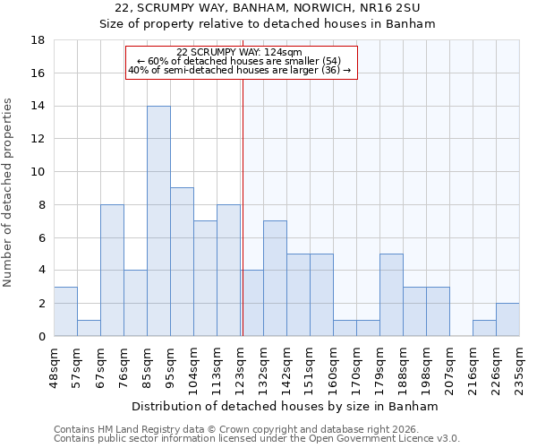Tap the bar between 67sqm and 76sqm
(x=112, y=270)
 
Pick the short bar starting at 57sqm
(x=89, y=328)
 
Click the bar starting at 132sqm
(x=275, y=278)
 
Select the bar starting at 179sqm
(x=391, y=295)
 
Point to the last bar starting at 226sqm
(x=507, y=320)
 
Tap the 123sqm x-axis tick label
(x=240, y=366)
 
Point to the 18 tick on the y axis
(x=38, y=40)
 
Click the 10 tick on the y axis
(x=38, y=172)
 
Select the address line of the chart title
(x=268, y=8)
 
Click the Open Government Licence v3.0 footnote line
(x=257, y=439)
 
